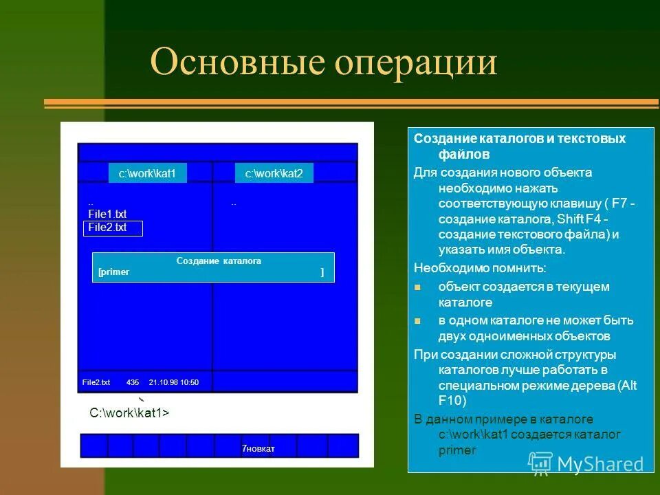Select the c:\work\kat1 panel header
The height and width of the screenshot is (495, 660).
point(147,173)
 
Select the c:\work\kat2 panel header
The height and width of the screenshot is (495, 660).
point(274,173)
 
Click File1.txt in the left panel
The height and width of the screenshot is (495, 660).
point(107,214)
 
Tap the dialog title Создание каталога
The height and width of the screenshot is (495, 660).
point(219,261)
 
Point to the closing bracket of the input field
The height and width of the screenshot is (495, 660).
point(322,272)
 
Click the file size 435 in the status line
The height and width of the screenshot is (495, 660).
point(133,382)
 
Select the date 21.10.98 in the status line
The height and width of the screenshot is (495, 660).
point(163,382)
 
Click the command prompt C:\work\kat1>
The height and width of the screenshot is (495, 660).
point(129,413)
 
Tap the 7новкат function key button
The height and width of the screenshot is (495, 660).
point(258,449)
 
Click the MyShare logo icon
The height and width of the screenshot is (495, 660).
point(541,463)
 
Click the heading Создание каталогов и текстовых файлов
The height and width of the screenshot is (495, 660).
point(519,146)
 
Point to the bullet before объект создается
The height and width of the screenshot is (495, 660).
point(417,287)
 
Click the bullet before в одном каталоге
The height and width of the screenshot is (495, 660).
point(417,320)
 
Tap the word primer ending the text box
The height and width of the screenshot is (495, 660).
point(456,451)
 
